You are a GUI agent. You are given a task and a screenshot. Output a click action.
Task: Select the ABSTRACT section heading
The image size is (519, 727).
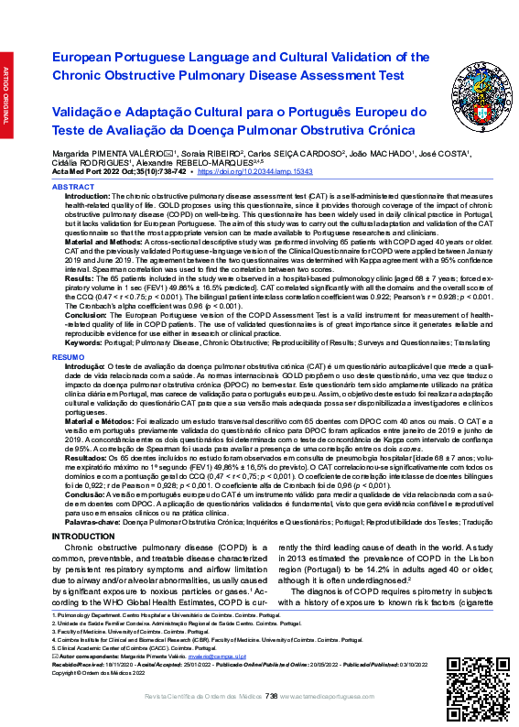pyautogui.click(x=72, y=186)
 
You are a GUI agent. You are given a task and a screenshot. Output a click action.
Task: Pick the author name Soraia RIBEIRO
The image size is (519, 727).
pyautogui.click(x=212, y=152)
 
